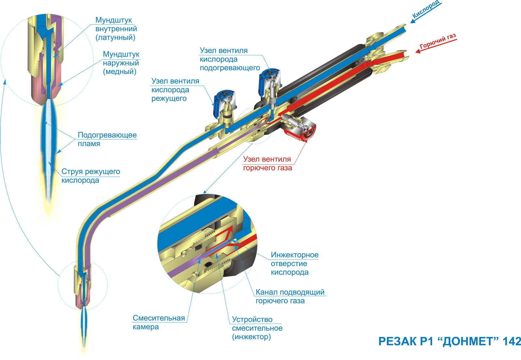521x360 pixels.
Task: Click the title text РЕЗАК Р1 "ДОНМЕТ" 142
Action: pos(449,341)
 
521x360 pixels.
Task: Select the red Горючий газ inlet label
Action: pos(438,42)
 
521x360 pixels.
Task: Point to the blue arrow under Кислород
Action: pos(426,13)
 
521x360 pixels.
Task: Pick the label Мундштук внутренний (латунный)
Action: pos(116,29)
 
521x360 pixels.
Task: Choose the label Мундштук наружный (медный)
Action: pos(121,63)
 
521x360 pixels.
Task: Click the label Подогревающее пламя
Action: pos(107,139)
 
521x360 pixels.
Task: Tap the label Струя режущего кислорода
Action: pos(91,176)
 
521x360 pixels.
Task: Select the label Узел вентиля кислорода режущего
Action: pos(175,90)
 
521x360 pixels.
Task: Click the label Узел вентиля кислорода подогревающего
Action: pos(230,59)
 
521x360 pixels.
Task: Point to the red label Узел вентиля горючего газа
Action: pos(267,163)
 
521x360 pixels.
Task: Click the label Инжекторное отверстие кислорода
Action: pos(294,263)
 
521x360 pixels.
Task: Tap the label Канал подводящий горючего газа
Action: pos(290,296)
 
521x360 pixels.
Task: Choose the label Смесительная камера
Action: pos(159,322)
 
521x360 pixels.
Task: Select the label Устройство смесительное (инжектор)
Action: pos(257,328)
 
